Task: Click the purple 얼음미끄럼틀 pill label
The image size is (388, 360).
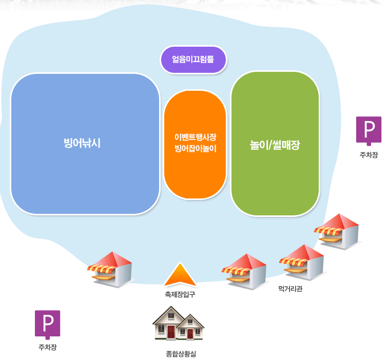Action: click(193, 59)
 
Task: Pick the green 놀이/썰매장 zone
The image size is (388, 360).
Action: click(275, 174)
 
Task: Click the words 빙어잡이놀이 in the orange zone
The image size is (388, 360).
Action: click(196, 149)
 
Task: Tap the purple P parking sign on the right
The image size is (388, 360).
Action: click(368, 130)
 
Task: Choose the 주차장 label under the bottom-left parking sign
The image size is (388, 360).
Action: click(47, 348)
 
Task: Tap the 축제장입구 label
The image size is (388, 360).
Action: click(180, 294)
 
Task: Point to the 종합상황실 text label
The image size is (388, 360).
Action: click(181, 353)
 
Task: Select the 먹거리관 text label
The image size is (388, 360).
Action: click(290, 289)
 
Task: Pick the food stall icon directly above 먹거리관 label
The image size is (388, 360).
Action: click(302, 262)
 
